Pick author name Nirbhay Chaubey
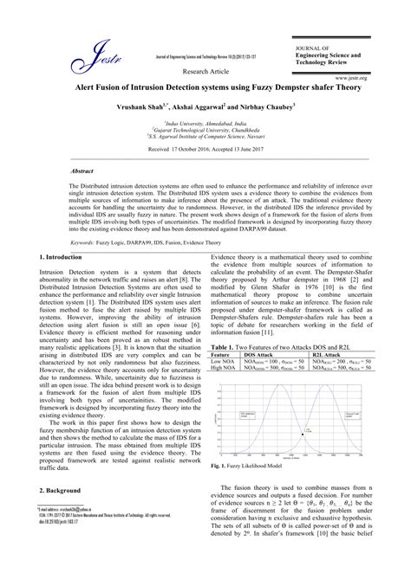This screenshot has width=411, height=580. point(264,106)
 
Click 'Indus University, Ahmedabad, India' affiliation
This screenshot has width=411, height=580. point(205,124)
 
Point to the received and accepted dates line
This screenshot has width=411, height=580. point(205,150)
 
